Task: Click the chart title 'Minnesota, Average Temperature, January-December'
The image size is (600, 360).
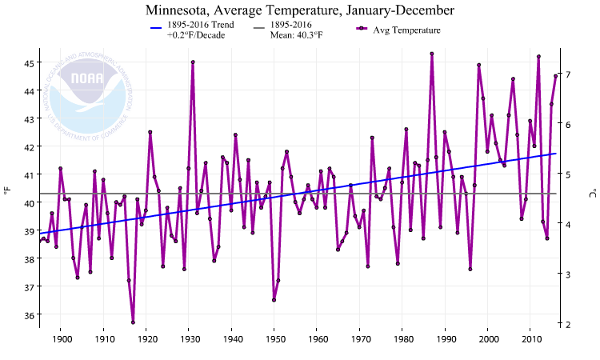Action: [x=300, y=10]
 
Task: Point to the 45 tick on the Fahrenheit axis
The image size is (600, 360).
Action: [x=29, y=63]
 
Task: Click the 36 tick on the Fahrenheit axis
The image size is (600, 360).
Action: [x=29, y=315]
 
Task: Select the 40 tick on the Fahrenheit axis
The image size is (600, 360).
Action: [x=29, y=203]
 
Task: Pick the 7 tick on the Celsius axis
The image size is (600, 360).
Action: [x=568, y=74]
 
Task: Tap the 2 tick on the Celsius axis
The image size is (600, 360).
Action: [x=568, y=324]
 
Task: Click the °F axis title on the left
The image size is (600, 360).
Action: [x=7, y=191]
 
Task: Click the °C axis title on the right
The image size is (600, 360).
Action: [x=593, y=193]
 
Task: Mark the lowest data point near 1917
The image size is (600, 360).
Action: [x=133, y=322]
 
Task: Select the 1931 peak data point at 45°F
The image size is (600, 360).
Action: [x=193, y=62]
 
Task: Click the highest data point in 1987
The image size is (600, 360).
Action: [x=432, y=54]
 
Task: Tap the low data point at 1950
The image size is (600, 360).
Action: [x=274, y=300]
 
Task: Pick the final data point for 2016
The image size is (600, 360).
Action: [x=555, y=76]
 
